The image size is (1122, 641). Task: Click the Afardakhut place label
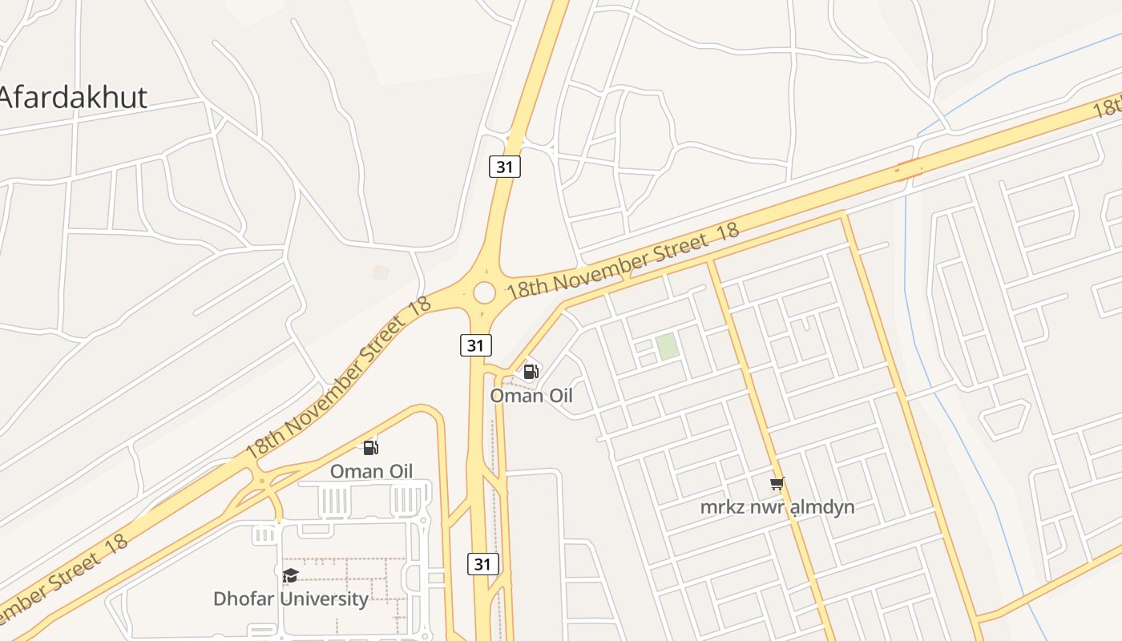[73, 97]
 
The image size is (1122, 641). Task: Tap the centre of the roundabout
[484, 292]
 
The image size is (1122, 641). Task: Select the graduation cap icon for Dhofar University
[290, 575]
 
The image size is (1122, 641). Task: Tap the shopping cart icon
[777, 483]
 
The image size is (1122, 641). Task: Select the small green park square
[667, 347]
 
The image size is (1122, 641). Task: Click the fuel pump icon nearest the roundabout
[531, 372]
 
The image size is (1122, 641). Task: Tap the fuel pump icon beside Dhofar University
[370, 447]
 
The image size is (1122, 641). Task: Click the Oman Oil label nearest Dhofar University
[372, 471]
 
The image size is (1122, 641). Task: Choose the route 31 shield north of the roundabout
[505, 167]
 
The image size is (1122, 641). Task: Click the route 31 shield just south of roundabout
[476, 345]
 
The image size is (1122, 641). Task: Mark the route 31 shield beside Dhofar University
[482, 563]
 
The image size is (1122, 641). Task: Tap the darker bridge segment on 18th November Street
[909, 168]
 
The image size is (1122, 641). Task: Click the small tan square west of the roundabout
[381, 272]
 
